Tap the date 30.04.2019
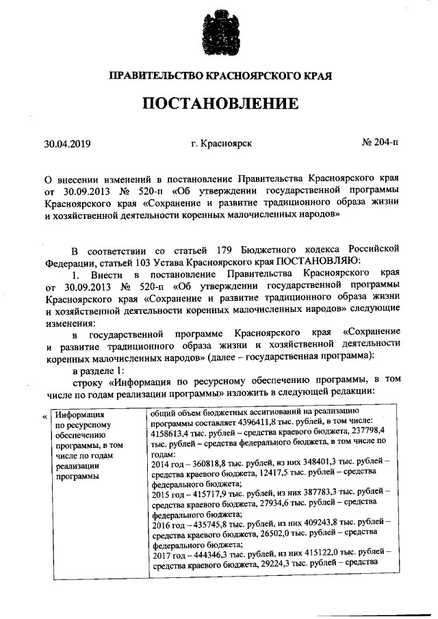tap(67, 144)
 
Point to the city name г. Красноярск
tap(222, 144)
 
